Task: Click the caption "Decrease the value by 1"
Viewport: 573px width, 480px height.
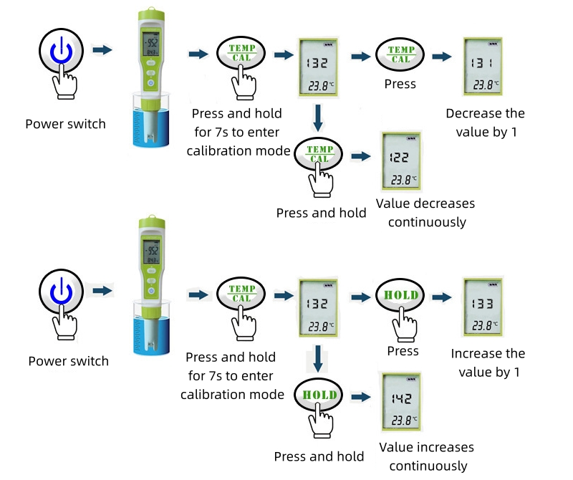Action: (485, 123)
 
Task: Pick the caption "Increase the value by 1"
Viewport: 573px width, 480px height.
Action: (488, 363)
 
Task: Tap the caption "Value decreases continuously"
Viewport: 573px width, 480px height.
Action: (425, 213)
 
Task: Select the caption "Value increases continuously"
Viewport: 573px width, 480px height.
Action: (426, 456)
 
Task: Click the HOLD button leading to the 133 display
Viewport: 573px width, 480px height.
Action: (400, 296)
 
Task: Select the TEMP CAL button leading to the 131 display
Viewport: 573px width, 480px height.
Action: (400, 54)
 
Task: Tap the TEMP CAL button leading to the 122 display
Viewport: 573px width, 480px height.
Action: (319, 153)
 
